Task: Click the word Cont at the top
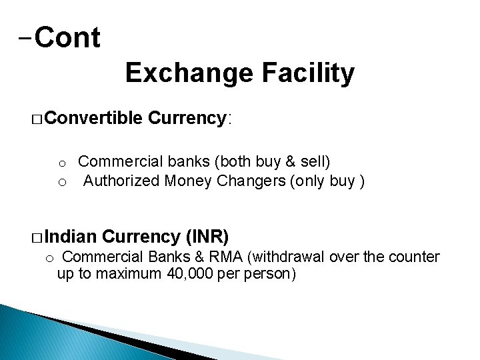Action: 67,38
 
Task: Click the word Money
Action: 192,180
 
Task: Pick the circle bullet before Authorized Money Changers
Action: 61,182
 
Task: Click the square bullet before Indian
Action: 37,237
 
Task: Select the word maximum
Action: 121,273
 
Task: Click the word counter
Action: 415,257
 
